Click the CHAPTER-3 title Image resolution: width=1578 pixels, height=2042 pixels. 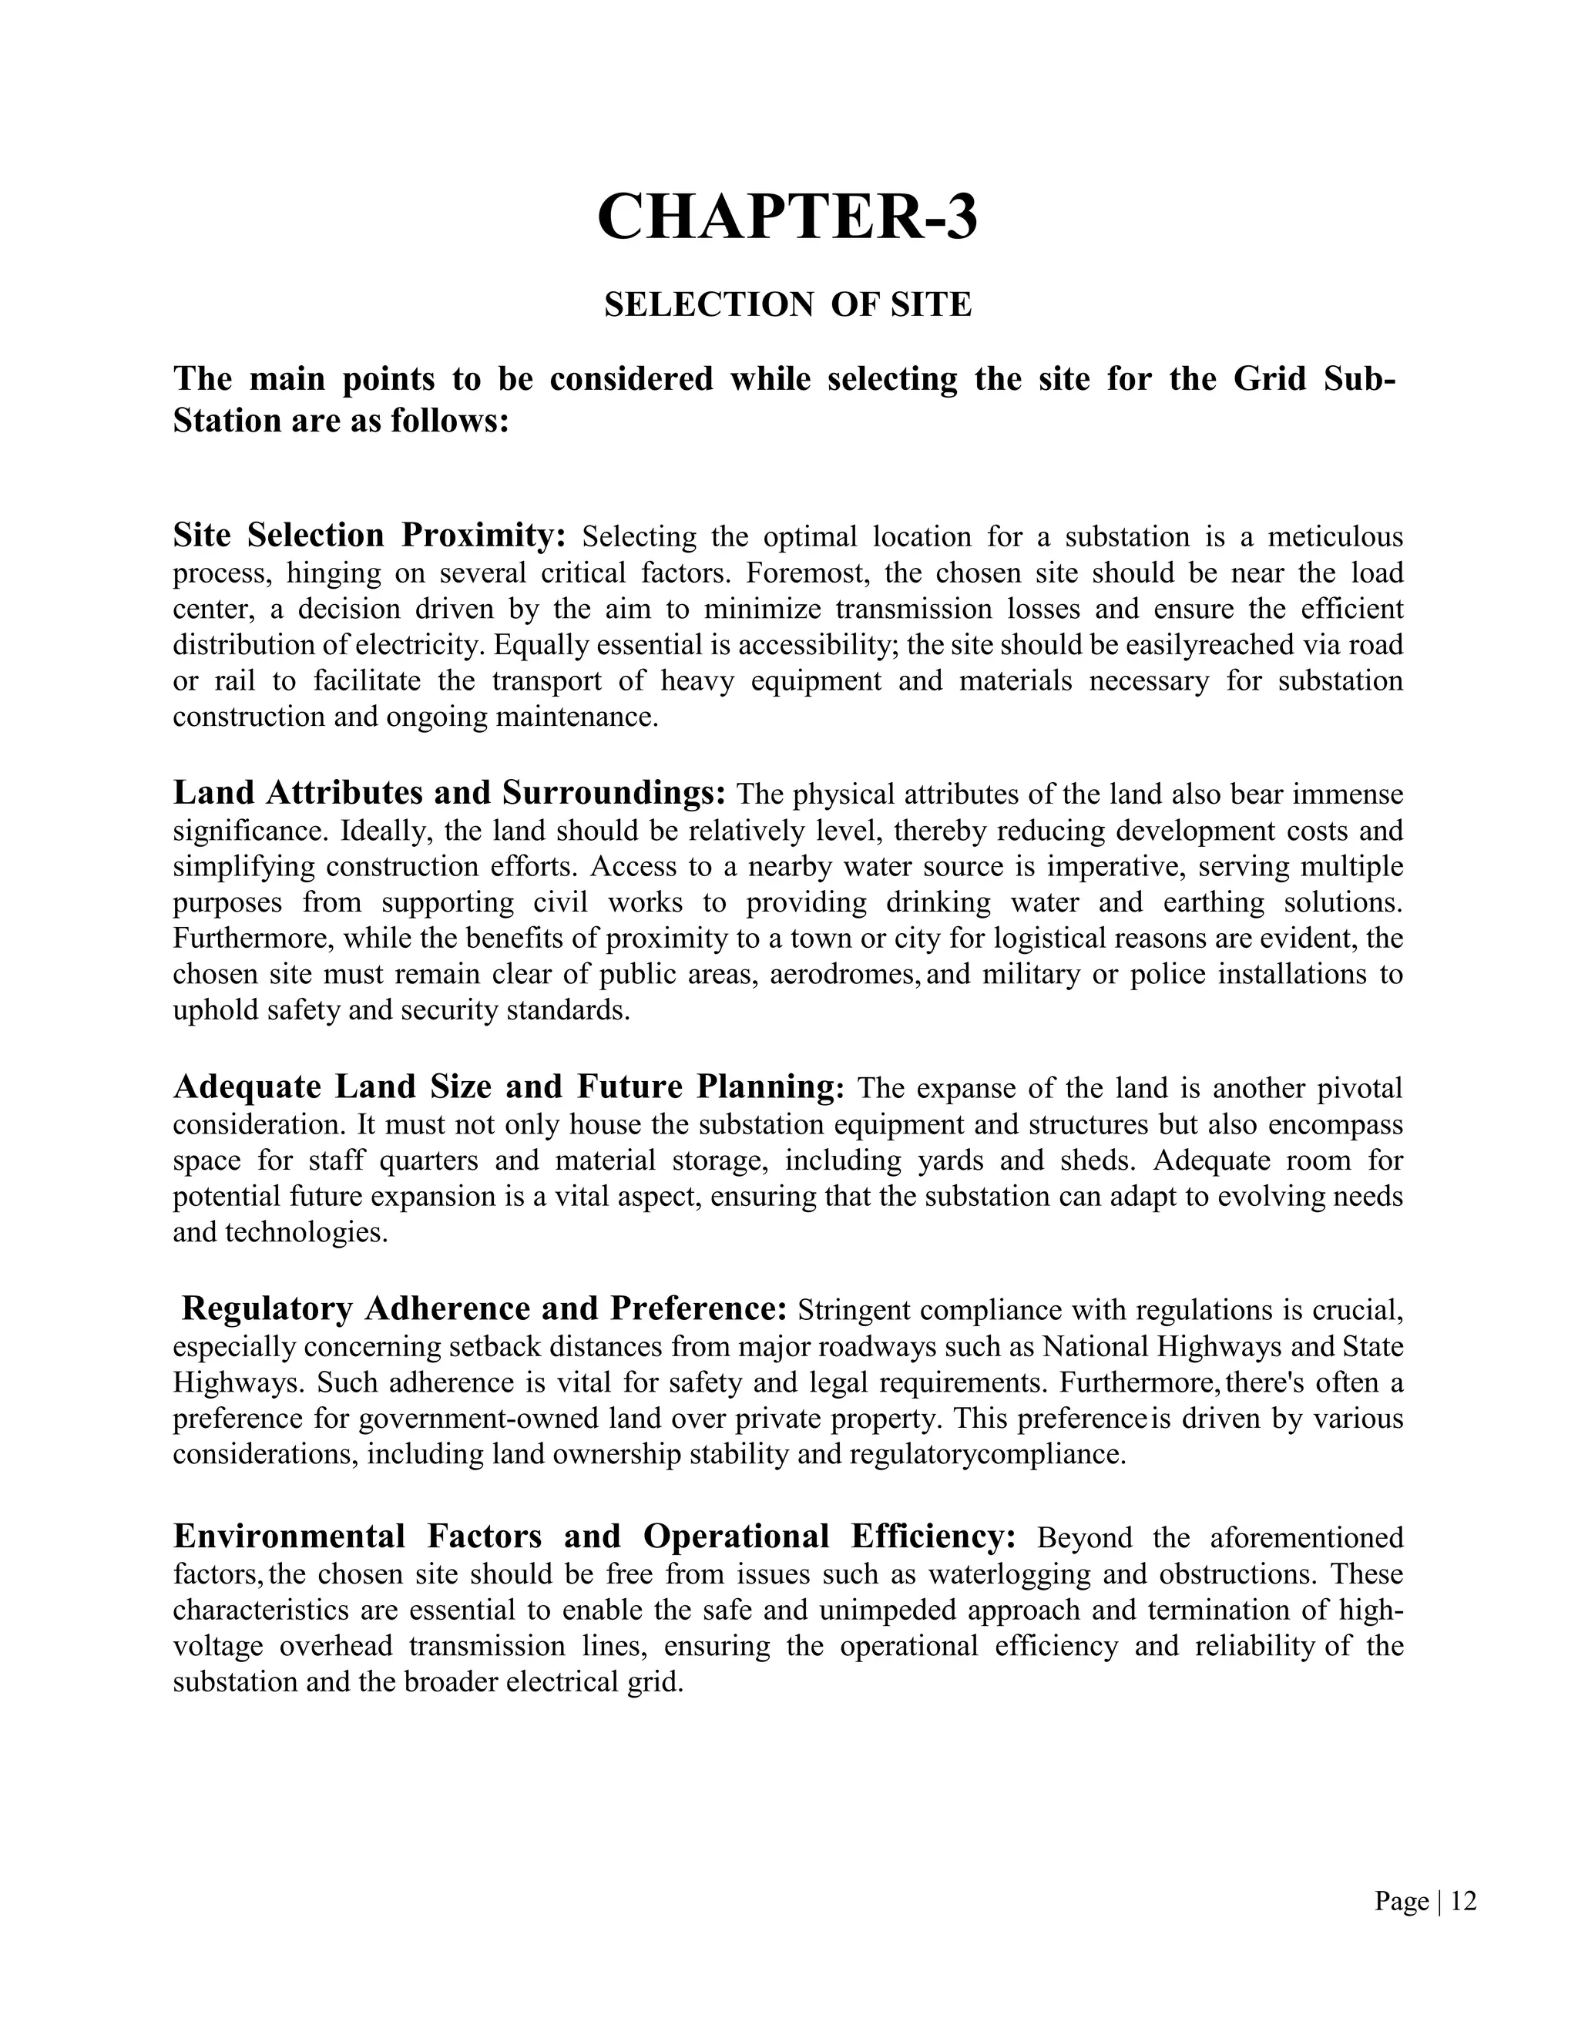coord(787,217)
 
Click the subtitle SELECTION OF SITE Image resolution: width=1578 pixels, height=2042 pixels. coord(787,305)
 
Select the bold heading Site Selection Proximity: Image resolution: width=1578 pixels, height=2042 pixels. coord(370,536)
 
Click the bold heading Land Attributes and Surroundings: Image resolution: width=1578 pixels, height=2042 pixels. coord(450,793)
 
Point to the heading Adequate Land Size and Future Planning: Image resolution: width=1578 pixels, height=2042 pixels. coord(509,1087)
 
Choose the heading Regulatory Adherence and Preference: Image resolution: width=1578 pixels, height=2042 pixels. coord(484,1309)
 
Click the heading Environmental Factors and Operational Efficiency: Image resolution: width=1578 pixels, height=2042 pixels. coord(595,1537)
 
